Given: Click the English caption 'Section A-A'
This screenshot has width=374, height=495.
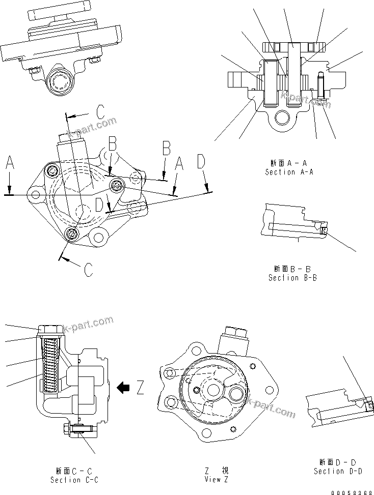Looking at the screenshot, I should [289, 172].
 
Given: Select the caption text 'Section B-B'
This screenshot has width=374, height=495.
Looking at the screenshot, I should [292, 278].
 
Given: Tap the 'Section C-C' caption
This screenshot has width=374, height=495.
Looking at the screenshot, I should [74, 480].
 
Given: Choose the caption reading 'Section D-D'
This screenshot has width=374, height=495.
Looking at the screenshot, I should [338, 471].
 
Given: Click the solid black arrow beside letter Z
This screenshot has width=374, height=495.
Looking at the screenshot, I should [123, 388].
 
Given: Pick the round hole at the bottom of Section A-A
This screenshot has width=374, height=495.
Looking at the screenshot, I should [281, 119].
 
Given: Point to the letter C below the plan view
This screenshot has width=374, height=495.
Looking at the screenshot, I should [88, 268].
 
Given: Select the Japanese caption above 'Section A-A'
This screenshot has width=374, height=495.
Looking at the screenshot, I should [289, 163].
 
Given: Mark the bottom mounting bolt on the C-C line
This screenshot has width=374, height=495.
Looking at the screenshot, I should [72, 233].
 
